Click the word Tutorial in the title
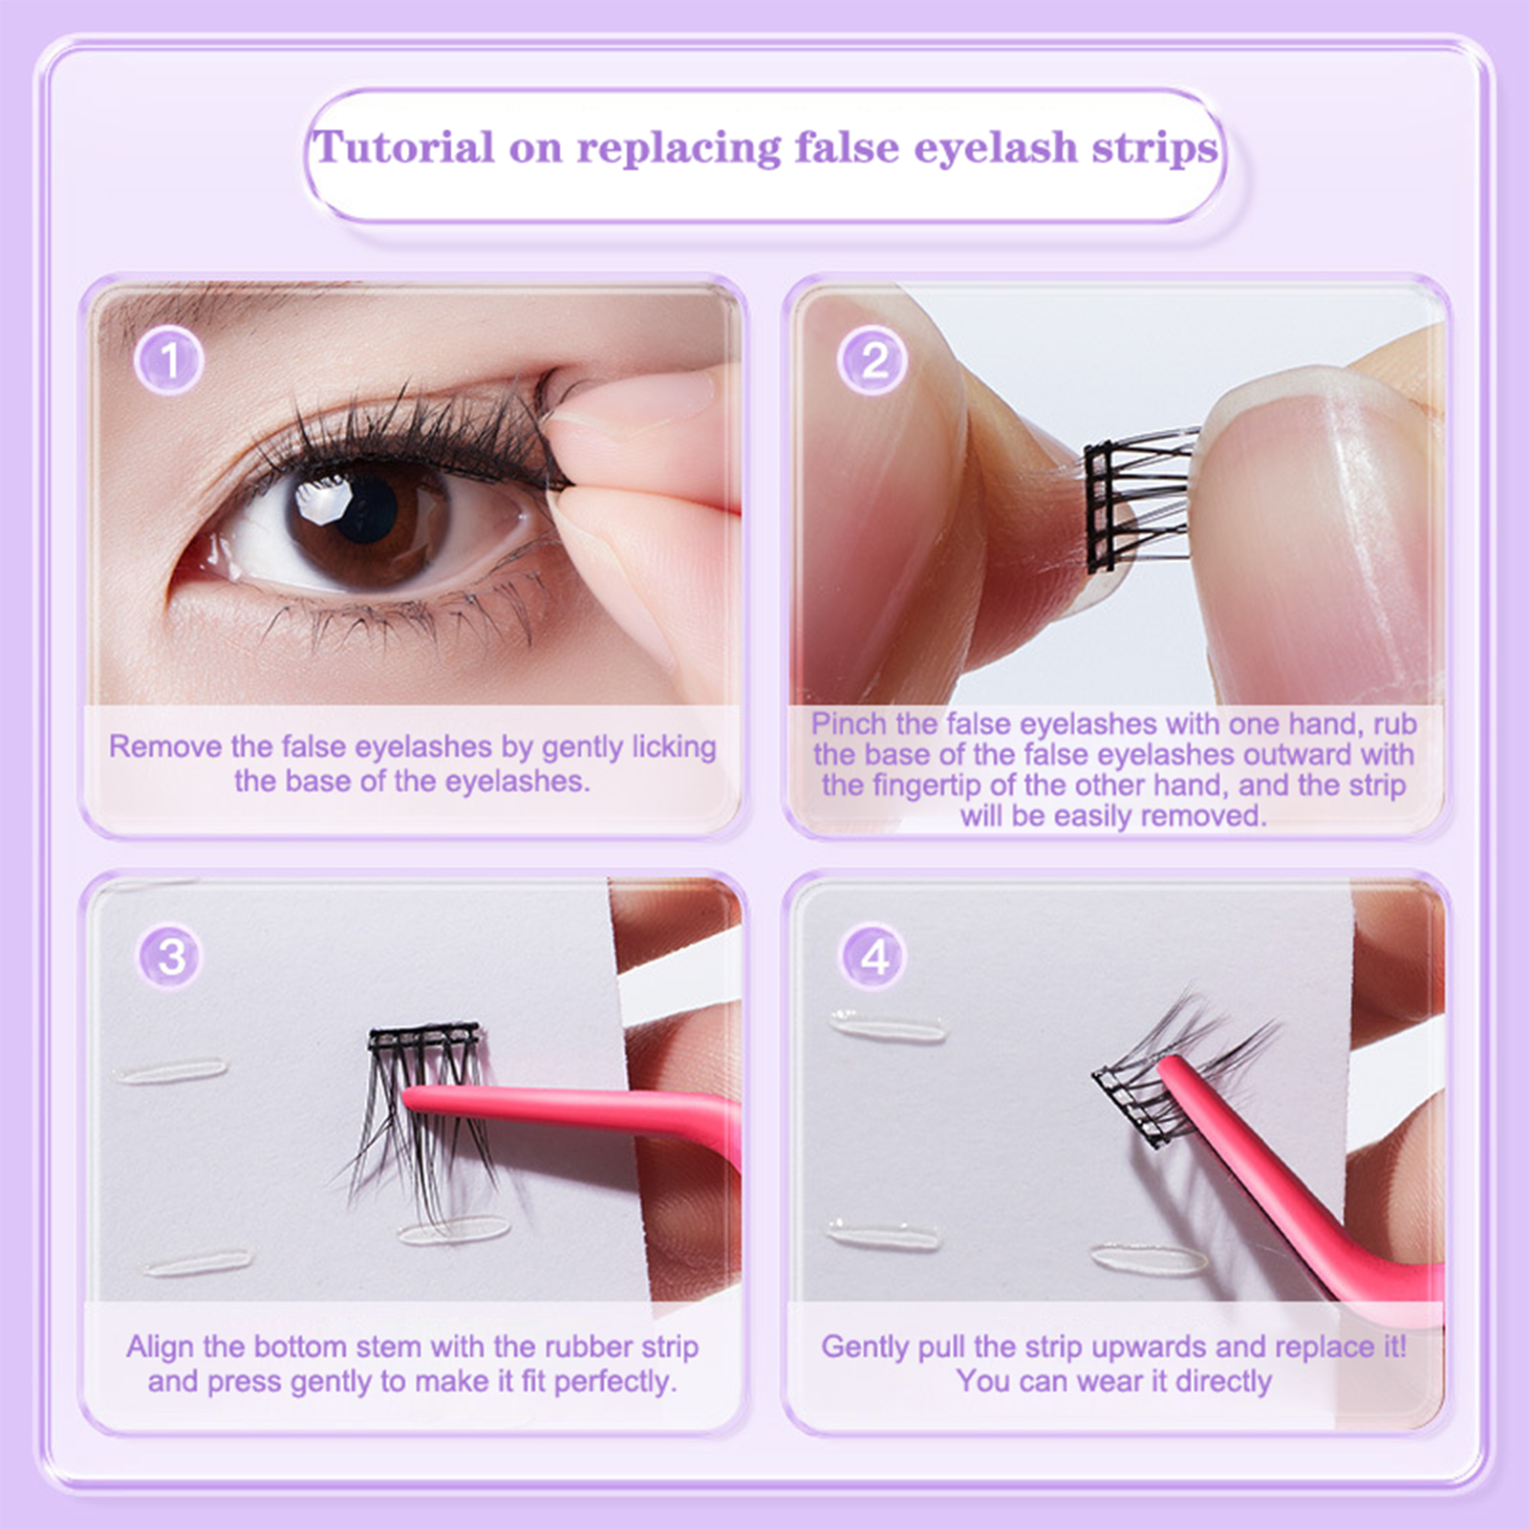point(404,147)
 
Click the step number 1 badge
point(169,361)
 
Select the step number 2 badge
point(872,361)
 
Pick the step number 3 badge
point(170,956)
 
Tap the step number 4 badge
point(873,956)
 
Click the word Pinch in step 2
point(849,723)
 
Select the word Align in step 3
point(161,1347)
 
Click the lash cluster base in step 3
point(424,1036)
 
